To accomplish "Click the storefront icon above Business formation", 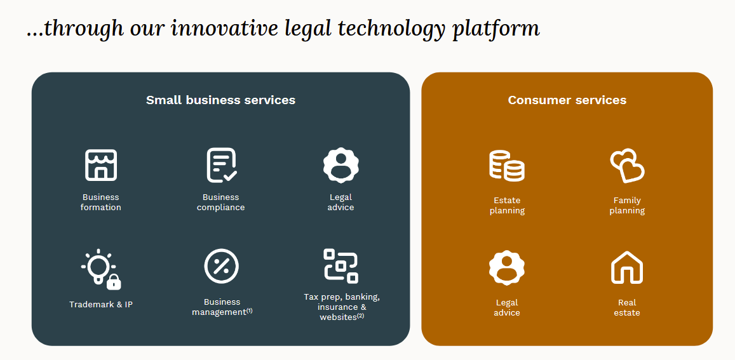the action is click(100, 165).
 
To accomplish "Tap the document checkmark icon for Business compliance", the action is click(221, 165).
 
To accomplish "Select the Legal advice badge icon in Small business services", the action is click(341, 165).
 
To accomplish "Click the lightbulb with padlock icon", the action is click(101, 270).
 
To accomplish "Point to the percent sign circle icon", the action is click(221, 266).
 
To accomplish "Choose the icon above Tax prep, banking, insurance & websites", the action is click(341, 265).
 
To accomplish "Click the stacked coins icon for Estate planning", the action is click(507, 166).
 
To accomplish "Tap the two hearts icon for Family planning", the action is click(627, 166).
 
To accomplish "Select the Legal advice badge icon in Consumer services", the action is click(507, 268).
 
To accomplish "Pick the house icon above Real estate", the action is click(627, 268).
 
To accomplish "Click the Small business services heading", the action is click(220, 100).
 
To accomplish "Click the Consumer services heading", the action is click(567, 100).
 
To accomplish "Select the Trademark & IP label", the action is click(101, 305).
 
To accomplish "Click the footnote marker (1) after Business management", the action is click(249, 310).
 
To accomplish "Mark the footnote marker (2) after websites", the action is click(360, 316).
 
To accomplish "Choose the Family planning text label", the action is click(627, 206).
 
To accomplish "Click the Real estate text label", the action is click(627, 308).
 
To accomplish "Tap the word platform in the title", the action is click(496, 29).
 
